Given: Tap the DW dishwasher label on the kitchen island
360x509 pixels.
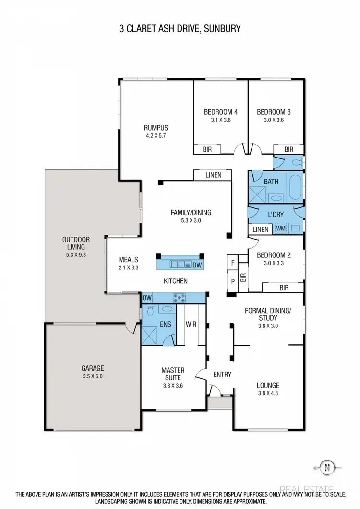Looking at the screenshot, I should [x=196, y=264].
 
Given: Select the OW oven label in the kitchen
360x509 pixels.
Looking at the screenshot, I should [x=147, y=298].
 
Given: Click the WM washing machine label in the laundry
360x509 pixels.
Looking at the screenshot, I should [x=280, y=230].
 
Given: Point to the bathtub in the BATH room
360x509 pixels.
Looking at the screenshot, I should [x=294, y=186].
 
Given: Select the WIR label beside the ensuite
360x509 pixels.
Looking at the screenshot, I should [x=191, y=325].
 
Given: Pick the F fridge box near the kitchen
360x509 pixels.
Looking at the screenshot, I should [x=233, y=263].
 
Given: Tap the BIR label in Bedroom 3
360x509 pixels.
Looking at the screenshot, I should [x=288, y=150].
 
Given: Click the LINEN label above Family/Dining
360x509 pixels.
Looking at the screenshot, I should [x=213, y=175].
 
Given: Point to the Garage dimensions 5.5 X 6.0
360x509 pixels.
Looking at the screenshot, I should [x=92, y=376].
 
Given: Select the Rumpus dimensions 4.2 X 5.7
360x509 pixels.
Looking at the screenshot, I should [x=156, y=136].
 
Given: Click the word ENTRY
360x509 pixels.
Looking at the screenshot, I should [x=222, y=375].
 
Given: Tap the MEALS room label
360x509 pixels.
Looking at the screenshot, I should [x=129, y=260].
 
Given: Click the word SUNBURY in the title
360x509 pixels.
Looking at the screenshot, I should [x=221, y=29].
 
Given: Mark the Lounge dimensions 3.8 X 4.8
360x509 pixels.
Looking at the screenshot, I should [x=268, y=393].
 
